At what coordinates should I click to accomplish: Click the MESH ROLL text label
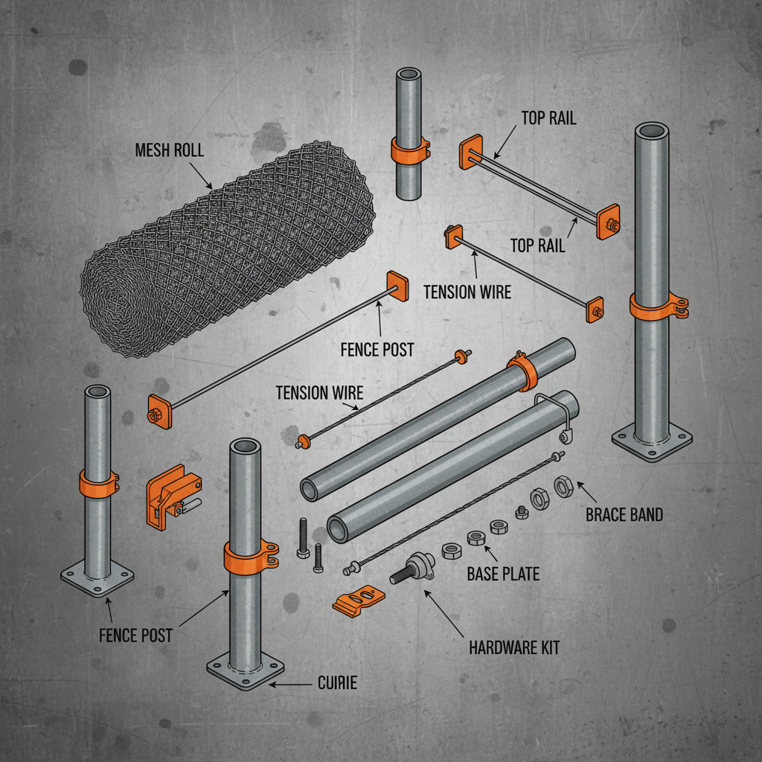click(x=169, y=150)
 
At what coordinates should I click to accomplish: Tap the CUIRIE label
click(x=337, y=683)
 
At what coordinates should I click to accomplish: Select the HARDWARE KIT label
click(x=514, y=647)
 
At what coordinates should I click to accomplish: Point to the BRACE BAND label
click(x=624, y=514)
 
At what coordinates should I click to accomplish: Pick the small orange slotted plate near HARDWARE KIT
click(x=359, y=599)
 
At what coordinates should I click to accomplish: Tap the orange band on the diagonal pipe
click(x=523, y=371)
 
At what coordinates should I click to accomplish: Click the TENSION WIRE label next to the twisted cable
click(x=319, y=392)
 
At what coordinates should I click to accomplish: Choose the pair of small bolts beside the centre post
click(x=310, y=547)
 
